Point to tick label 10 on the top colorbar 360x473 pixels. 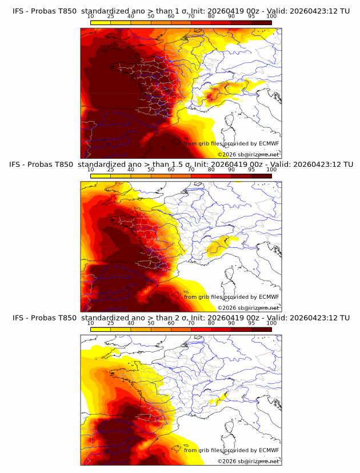coord(91,16)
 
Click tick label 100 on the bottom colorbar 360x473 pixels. coord(271,323)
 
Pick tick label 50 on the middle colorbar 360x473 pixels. coord(151,170)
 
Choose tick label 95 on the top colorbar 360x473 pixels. coord(251,16)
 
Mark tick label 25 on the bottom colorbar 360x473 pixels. coord(111,323)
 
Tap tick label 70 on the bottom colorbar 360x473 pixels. coord(191,323)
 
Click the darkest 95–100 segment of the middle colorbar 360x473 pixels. coord(261,176)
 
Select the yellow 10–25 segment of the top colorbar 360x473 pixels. coord(101,22)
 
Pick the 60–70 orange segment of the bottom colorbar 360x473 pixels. coord(181,329)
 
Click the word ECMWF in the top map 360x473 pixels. coord(269,144)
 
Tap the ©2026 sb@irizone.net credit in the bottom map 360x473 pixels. coord(248,461)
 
